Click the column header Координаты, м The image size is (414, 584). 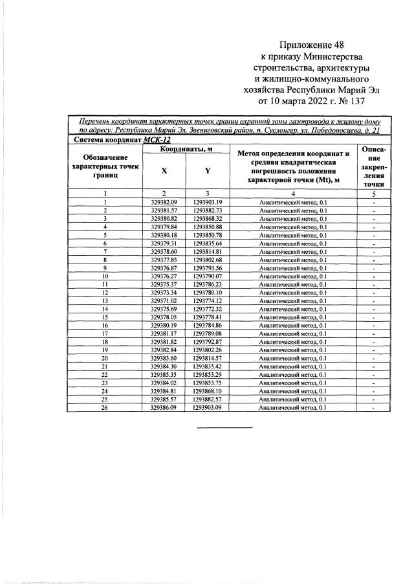tap(186, 150)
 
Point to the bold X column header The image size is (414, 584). tap(164, 171)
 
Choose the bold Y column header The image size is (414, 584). tap(207, 171)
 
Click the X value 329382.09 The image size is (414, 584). tap(164, 203)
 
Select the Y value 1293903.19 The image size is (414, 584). tap(207, 203)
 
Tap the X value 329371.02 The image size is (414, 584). tap(164, 301)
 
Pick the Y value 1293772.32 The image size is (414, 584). tap(207, 309)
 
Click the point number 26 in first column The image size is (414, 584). tap(104, 407)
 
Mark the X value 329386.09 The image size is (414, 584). tap(164, 407)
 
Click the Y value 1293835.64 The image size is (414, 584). tap(207, 243)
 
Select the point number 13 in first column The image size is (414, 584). tap(104, 301)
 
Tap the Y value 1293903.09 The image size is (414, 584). tap(207, 407)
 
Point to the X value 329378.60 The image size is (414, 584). tap(164, 251)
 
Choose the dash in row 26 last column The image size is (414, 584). tap(374, 407)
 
